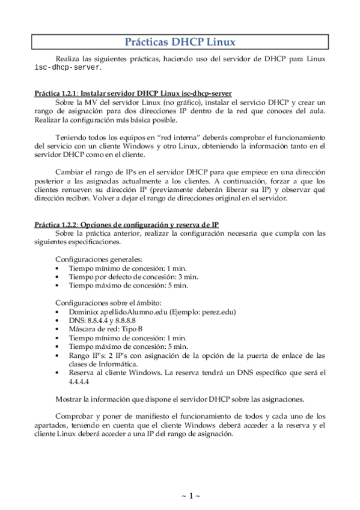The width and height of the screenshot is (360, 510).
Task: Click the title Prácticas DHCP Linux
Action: pos(179,41)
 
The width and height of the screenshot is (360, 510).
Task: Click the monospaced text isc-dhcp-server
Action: pos(59,68)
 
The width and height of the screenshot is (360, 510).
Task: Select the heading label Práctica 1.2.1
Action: pos(56,94)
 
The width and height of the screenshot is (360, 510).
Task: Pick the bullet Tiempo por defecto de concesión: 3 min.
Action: pos(133,277)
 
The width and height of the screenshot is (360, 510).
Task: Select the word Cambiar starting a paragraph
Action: pos(69,171)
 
